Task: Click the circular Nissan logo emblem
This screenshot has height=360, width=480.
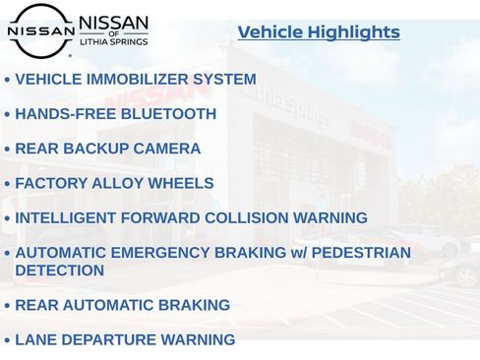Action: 40,30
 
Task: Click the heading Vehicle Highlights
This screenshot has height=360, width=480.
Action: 319,32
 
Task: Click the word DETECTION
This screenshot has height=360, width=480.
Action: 59,270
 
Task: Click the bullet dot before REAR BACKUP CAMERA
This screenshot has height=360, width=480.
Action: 7,150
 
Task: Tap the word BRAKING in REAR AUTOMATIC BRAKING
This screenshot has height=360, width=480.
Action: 197,306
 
